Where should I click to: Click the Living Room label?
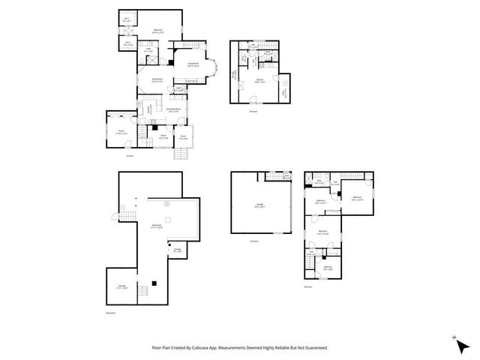193,64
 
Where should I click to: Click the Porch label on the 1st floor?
184,137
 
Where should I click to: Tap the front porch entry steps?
181,154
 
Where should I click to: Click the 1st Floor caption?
129,154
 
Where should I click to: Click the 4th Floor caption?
307,286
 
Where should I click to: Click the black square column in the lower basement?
154,283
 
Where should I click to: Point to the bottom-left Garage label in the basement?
122,286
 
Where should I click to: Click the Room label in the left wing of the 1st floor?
120,132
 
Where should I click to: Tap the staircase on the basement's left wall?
126,217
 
